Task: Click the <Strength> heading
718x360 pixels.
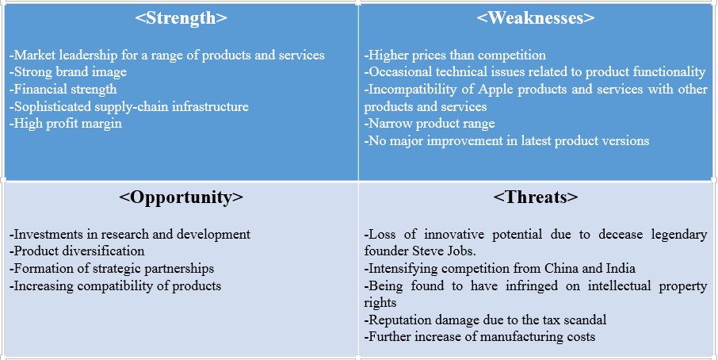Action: [x=181, y=17]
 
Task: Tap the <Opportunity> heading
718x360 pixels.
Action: [x=181, y=197]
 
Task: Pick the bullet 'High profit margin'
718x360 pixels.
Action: [x=66, y=124]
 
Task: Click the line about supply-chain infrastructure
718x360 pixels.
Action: [x=129, y=106]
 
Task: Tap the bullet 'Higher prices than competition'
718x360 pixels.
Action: [x=456, y=56]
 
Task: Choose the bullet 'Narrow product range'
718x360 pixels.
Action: [x=430, y=124]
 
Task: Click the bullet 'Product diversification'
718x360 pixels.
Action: [x=77, y=251]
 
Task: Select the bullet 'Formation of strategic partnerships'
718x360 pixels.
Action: [x=113, y=268]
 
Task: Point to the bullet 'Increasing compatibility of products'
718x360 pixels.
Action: [x=116, y=285]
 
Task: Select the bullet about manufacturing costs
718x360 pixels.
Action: [x=480, y=336]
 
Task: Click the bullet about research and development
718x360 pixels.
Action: [x=131, y=235]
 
